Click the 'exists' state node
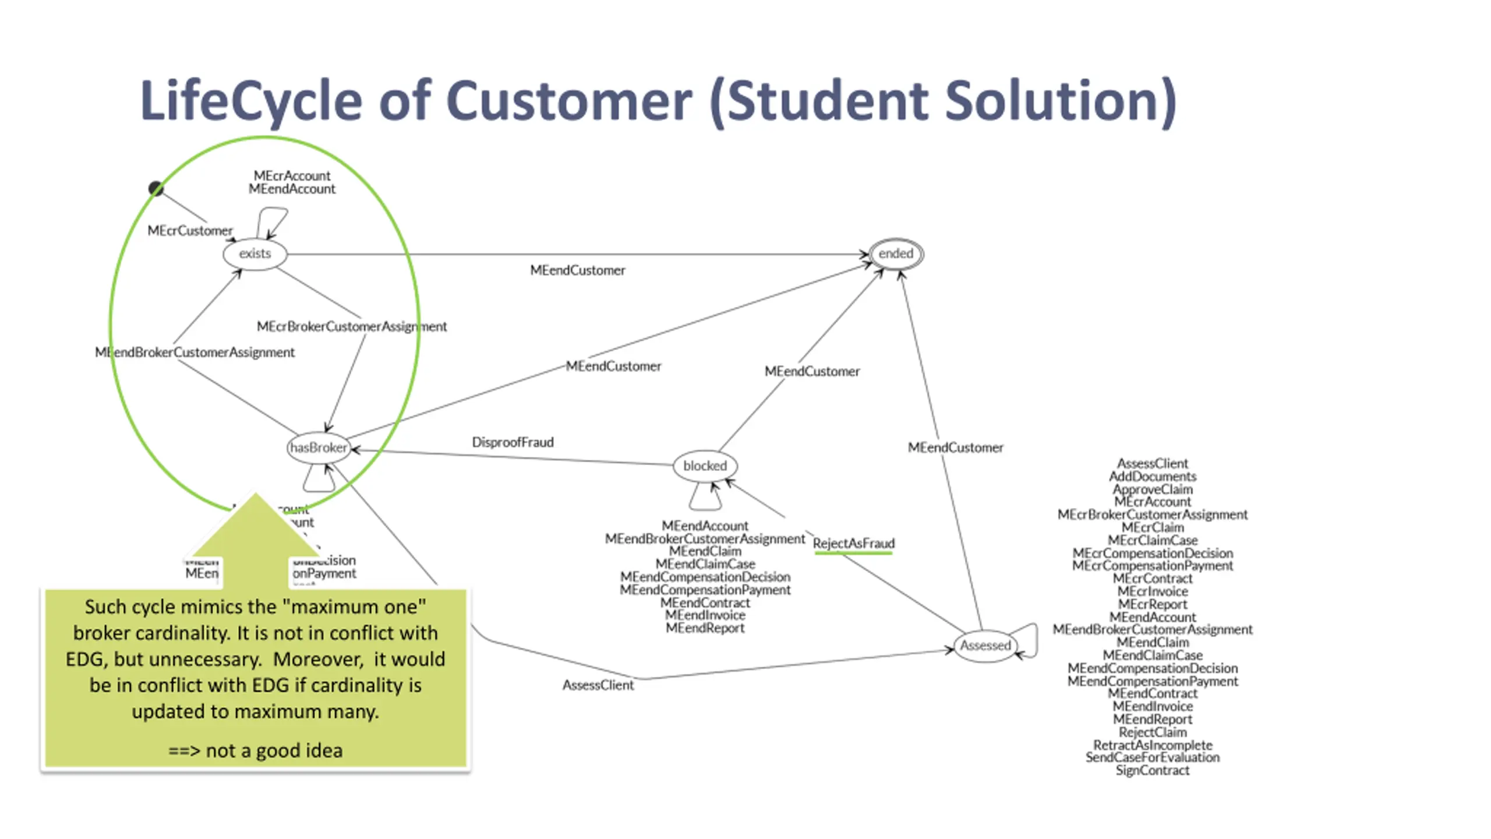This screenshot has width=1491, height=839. [255, 254]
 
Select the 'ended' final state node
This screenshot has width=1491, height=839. [896, 254]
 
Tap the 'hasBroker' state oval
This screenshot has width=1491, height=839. [319, 447]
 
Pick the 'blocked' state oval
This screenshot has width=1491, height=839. [705, 466]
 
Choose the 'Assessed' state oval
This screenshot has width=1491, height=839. [985, 646]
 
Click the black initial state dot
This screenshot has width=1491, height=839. [156, 188]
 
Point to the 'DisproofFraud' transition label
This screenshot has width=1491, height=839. [513, 442]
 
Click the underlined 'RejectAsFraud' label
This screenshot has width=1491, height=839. [853, 544]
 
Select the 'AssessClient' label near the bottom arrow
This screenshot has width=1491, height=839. [598, 685]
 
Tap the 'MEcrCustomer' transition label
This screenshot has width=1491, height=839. [190, 231]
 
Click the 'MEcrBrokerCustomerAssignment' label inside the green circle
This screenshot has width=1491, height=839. [352, 326]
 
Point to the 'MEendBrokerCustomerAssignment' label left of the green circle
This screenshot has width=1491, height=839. [195, 352]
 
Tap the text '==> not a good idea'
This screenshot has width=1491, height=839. [255, 750]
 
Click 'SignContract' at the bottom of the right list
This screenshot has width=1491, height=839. [1152, 770]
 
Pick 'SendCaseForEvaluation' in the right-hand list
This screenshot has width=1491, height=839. [1152, 757]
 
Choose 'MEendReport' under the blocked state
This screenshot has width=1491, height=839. [705, 628]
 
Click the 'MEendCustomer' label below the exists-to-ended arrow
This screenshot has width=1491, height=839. [577, 270]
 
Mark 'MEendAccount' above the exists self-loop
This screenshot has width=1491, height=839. [292, 189]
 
